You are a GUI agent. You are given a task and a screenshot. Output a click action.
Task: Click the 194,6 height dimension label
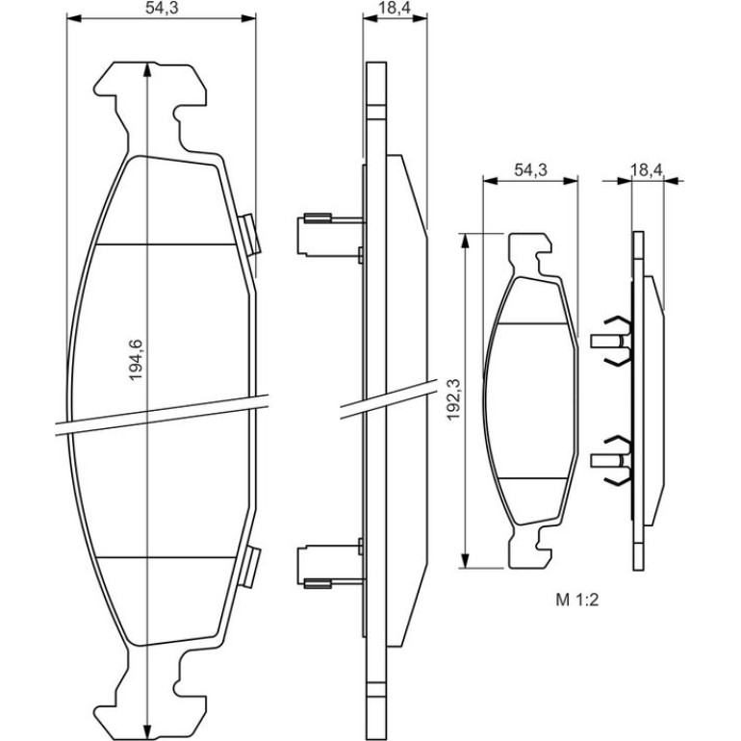136,360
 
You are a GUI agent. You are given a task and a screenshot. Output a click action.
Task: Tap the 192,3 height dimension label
453,399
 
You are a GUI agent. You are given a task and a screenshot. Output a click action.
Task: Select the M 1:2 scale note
577,600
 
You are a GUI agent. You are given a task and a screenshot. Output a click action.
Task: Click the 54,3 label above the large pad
161,8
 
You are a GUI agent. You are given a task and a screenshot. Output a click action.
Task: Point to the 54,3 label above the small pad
530,169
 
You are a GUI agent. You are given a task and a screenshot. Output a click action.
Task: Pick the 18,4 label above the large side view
395,8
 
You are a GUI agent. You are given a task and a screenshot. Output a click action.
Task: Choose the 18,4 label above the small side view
647,169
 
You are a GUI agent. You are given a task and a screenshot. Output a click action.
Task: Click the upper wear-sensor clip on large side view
331,235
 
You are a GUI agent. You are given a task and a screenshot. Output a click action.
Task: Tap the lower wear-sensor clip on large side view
331,566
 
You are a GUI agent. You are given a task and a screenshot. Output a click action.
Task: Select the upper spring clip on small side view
611,341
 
